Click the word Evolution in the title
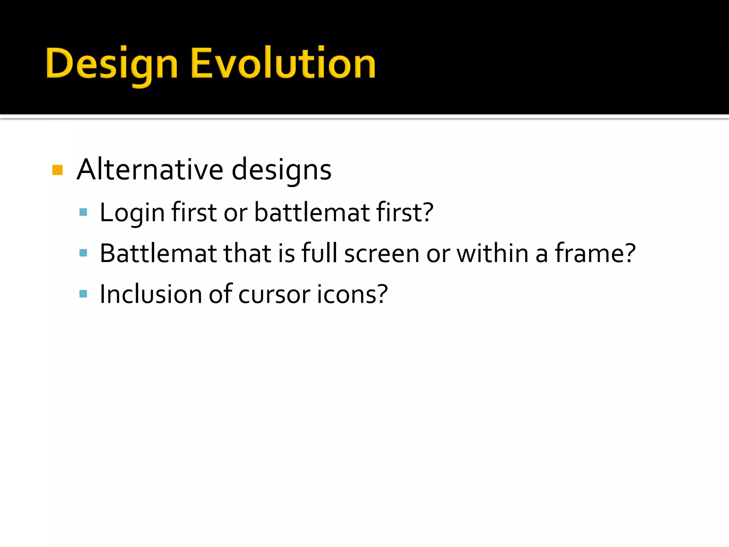[x=283, y=63]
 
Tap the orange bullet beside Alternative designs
[x=57, y=170]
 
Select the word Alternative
[x=150, y=170]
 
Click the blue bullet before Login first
[x=83, y=213]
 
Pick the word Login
[x=132, y=213]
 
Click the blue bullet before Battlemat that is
[x=83, y=253]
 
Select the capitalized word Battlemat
[x=158, y=253]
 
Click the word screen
[x=382, y=253]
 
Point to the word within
[x=492, y=253]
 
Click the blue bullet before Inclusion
[x=83, y=294]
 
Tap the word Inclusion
[x=151, y=294]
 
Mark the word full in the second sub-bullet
[x=319, y=253]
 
